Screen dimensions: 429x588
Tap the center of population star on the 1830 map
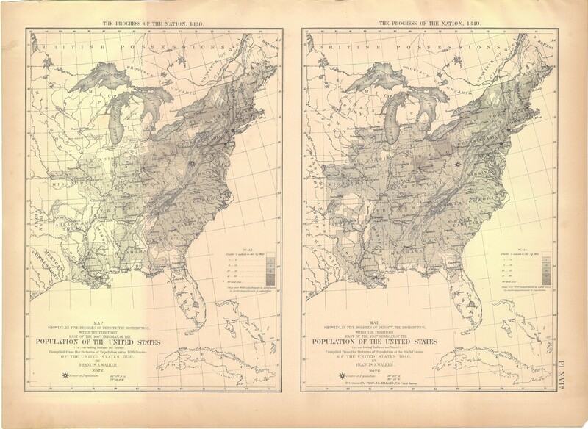tap(190, 163)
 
